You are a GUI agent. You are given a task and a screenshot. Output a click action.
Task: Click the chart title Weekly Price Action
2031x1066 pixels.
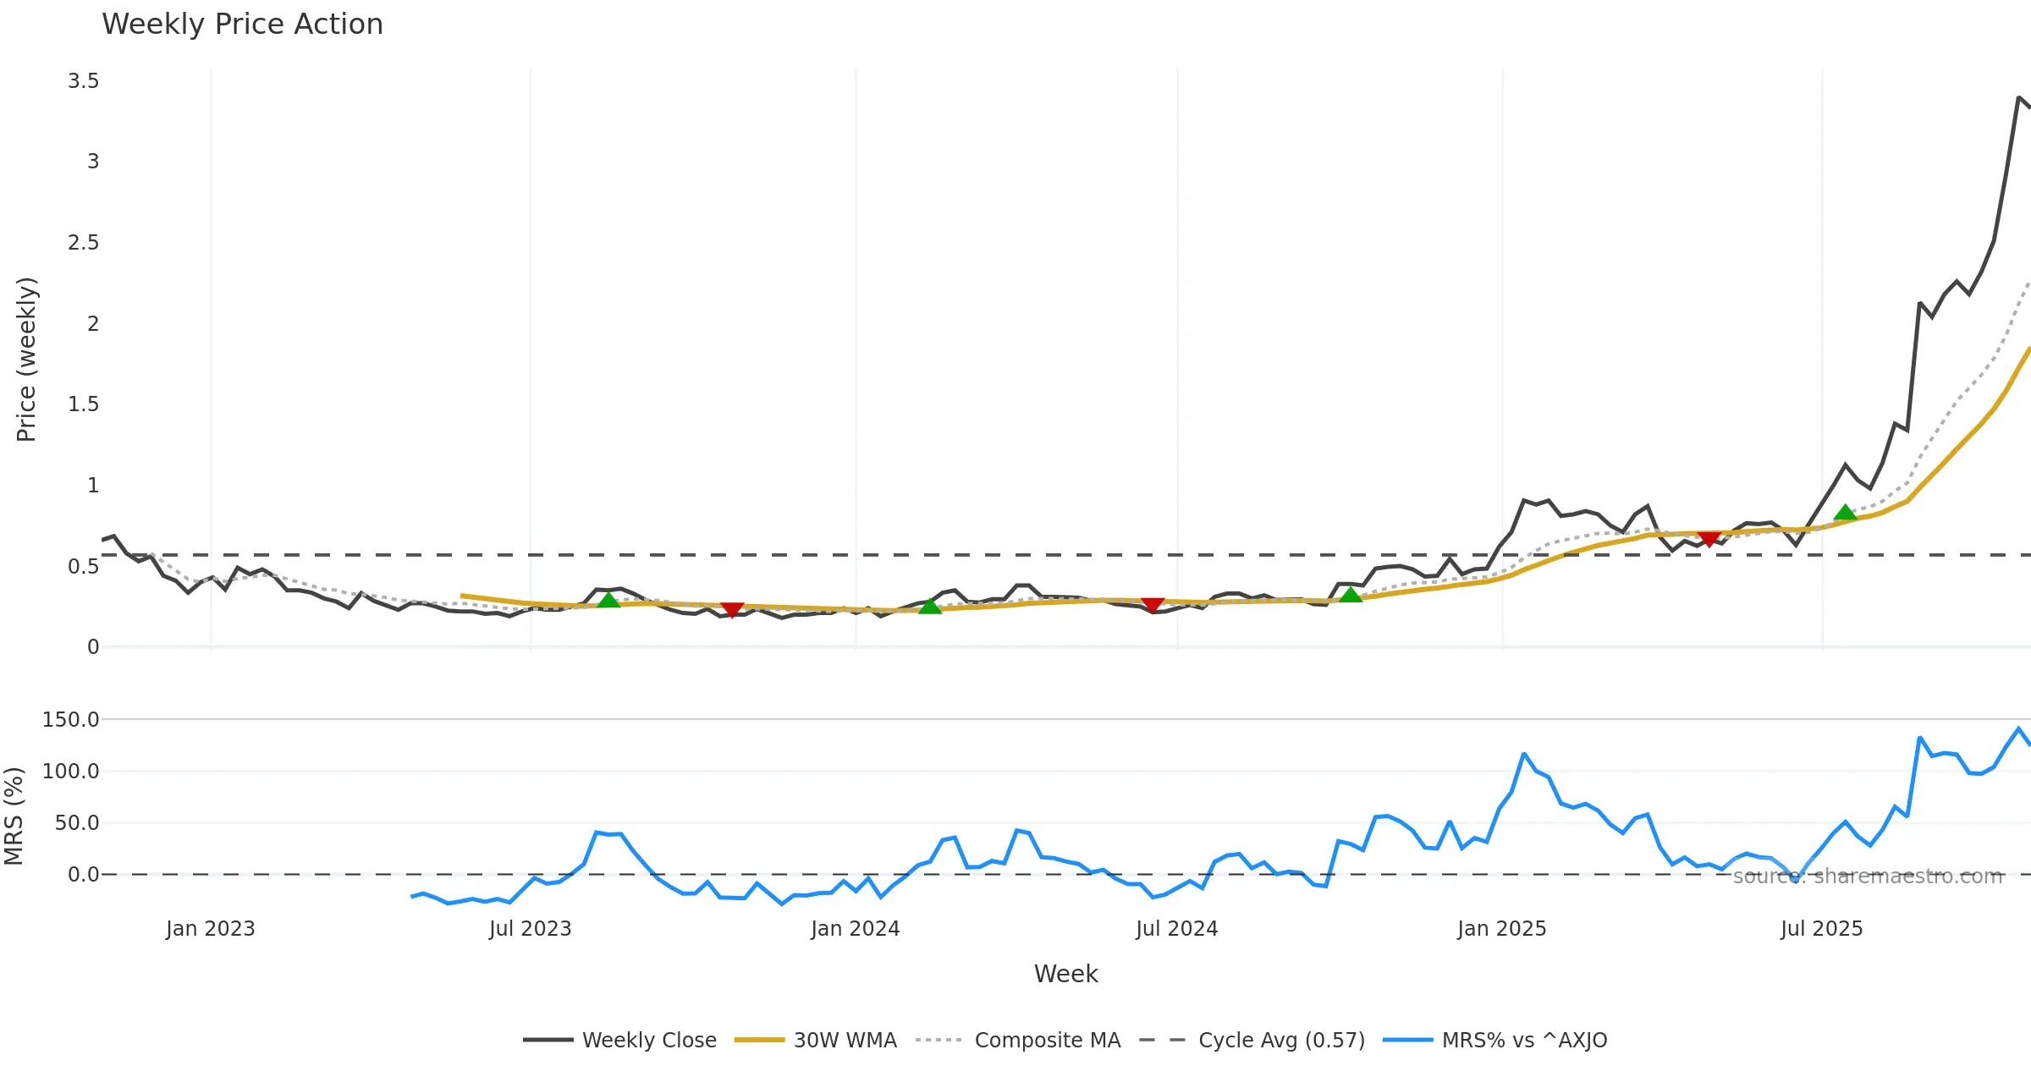[x=242, y=25]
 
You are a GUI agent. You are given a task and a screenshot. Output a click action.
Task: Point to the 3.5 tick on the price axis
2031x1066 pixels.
[x=84, y=81]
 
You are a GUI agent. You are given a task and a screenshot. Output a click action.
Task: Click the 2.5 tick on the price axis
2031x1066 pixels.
[x=84, y=243]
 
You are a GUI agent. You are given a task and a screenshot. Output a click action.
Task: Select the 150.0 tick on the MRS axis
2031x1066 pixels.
[x=71, y=720]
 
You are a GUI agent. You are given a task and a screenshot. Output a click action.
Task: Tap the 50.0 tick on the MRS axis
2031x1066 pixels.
[x=77, y=823]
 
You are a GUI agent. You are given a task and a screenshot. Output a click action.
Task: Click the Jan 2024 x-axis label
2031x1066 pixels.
[x=855, y=929]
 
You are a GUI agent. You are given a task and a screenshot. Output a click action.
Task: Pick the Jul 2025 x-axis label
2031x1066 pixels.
[x=1821, y=929]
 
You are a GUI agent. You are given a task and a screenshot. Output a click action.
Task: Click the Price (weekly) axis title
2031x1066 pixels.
[x=26, y=360]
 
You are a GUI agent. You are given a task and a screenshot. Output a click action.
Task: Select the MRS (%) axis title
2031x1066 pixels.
[x=14, y=816]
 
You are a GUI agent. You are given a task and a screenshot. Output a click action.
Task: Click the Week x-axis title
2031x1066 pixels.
[x=1065, y=975]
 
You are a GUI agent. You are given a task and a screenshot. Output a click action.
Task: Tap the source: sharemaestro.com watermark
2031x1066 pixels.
[x=1868, y=876]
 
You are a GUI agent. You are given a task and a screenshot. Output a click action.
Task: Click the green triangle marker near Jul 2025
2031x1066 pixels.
[x=1845, y=513]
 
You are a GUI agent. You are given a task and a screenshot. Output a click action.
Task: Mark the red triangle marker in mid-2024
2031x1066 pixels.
[x=1153, y=605]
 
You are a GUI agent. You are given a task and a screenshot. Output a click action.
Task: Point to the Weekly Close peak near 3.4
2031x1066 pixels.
[x=2019, y=98]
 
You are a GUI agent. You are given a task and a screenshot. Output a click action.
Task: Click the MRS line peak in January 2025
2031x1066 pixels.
[x=1524, y=753]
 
